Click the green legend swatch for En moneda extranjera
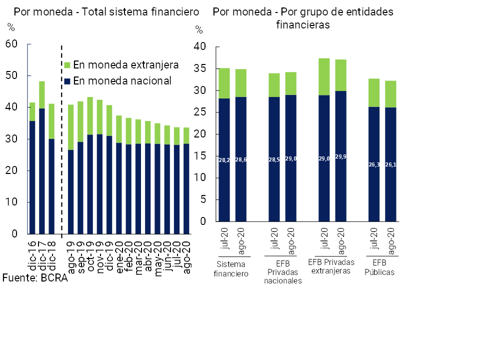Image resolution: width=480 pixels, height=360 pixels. pyautogui.click(x=67, y=65)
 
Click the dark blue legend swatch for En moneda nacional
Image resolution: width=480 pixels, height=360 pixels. pyautogui.click(x=67, y=81)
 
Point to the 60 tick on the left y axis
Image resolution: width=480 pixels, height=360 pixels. pyautogui.click(x=11, y=44)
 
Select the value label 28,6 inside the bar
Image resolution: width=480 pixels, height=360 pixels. pyautogui.click(x=241, y=159)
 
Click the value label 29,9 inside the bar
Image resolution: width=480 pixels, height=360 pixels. pyautogui.click(x=341, y=156)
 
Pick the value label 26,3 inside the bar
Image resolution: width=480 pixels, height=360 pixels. pyautogui.click(x=374, y=163)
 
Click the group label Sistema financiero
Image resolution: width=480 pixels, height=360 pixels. pyautogui.click(x=231, y=268)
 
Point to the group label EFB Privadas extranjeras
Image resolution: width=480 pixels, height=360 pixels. pyautogui.click(x=331, y=266)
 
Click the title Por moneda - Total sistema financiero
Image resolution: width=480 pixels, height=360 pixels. pyautogui.click(x=106, y=11)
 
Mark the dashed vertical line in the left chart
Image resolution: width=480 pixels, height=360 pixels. pyautogui.click(x=61, y=140)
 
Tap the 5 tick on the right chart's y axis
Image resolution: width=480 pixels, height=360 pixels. pyautogui.click(x=202, y=199)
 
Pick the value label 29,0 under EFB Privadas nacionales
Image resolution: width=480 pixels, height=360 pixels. pyautogui.click(x=290, y=158)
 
